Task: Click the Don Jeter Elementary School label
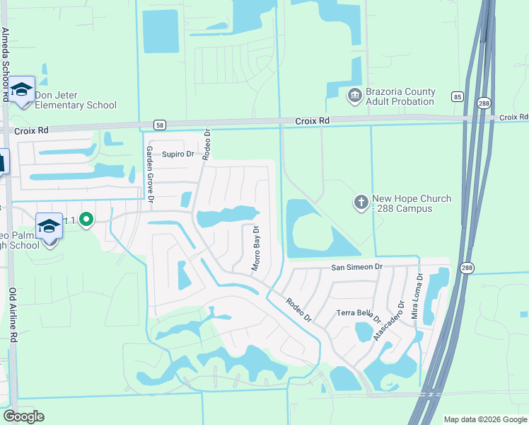76,101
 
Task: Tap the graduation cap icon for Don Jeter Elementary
22,90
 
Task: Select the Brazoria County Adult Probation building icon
354,94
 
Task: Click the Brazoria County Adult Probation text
400,97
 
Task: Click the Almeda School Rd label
5,64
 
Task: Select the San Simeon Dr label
357,267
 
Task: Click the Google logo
24,416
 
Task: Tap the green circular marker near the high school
86,220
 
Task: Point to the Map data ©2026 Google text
484,419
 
